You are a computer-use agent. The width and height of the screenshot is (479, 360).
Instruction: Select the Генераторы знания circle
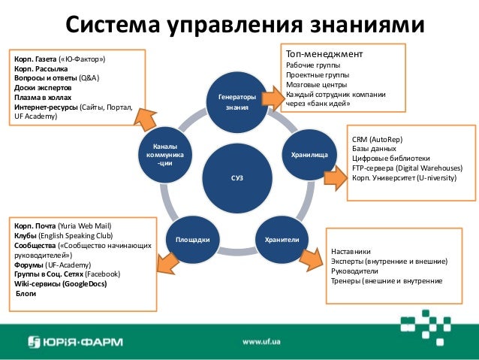pyautogui.click(x=237, y=103)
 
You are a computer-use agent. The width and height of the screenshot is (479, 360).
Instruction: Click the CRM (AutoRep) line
pyautogui.click(x=375, y=140)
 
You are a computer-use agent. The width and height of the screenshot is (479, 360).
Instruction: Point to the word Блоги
pyautogui.click(x=26, y=294)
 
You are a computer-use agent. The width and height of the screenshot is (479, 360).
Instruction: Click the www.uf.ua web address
pyautogui.click(x=262, y=342)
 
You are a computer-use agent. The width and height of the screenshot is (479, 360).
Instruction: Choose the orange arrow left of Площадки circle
pyautogui.click(x=166, y=262)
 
